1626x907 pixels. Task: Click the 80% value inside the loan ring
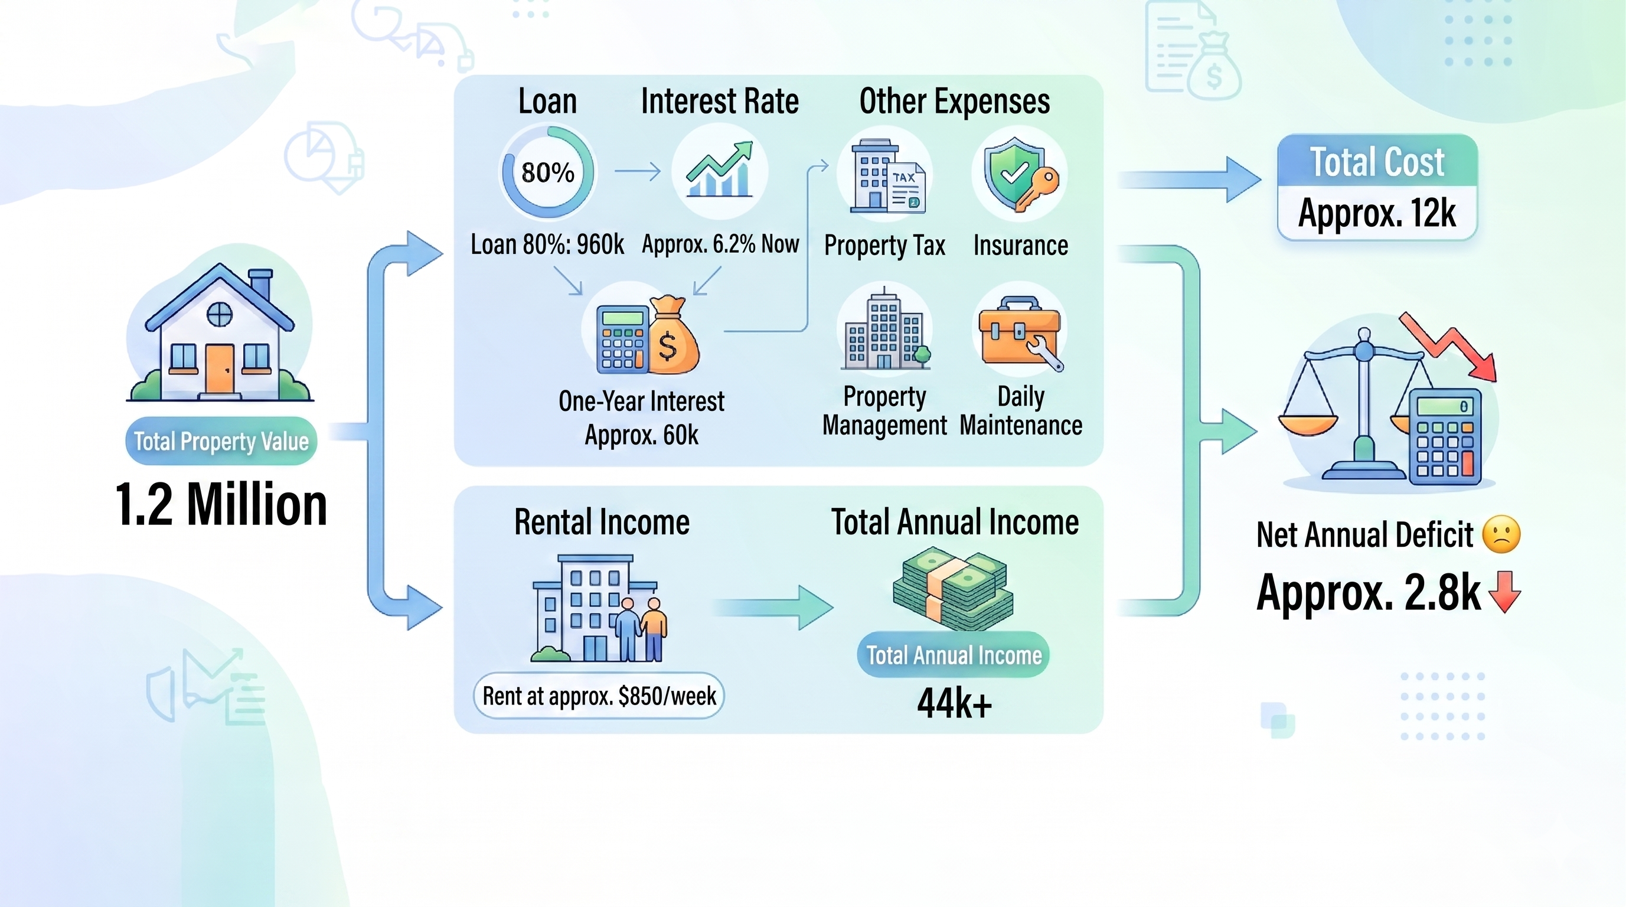(547, 172)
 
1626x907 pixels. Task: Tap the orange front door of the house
(220, 368)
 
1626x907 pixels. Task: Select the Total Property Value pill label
(221, 441)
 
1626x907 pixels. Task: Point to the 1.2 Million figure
(221, 504)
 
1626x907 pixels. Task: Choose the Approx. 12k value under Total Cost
(1377, 213)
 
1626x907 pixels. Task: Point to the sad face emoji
(1501, 534)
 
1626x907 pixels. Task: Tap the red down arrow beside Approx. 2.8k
(1505, 592)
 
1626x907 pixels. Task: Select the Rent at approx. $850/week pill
(599, 696)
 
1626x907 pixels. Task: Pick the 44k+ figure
(954, 703)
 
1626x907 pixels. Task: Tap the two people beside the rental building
(641, 629)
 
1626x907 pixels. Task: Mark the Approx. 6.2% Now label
(720, 244)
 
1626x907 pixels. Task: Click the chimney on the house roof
(260, 286)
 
